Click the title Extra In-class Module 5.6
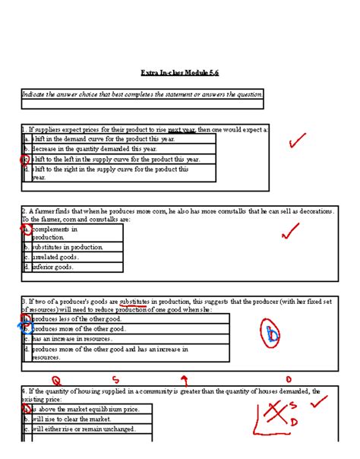coord(179,73)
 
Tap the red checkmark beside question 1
coord(297,141)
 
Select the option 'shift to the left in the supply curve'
coord(115,160)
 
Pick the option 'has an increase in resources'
coord(73,339)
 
